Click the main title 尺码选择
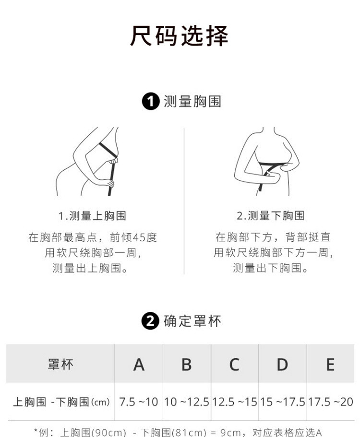tap(180, 35)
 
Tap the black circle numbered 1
tap(151, 101)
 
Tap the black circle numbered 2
tap(150, 321)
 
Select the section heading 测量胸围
tap(192, 101)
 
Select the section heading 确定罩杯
tap(192, 321)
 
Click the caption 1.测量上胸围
tap(92, 216)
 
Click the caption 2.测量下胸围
tap(271, 216)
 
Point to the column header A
tap(139, 364)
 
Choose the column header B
tap(187, 364)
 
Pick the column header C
tap(234, 364)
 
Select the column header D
tap(282, 364)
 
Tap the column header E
tap(330, 364)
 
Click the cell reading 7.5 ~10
tap(139, 402)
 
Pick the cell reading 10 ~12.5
tap(187, 402)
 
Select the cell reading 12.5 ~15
tap(235, 402)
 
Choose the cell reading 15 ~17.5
tap(283, 402)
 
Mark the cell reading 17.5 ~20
tap(331, 402)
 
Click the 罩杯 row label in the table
tap(60, 364)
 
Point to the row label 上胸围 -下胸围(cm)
tap(61, 402)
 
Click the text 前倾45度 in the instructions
tap(133, 237)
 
